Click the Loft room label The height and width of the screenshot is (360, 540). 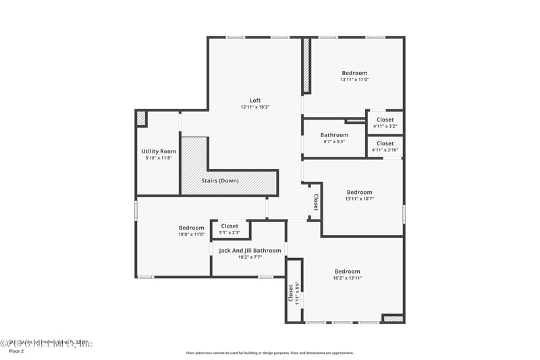click(255, 101)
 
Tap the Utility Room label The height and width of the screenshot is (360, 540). click(159, 151)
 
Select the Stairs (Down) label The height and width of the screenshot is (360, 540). click(220, 180)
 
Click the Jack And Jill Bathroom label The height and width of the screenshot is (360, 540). click(250, 251)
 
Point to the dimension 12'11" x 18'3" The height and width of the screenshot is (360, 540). click(255, 107)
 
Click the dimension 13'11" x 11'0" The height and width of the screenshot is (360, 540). click(354, 80)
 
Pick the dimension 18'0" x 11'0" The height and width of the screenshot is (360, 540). click(191, 234)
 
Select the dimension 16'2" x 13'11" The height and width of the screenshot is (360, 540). click(347, 278)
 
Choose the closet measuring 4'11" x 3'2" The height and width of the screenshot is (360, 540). click(385, 122)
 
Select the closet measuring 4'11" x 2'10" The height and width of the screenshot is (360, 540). click(385, 147)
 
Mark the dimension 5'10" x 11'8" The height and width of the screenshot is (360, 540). click(159, 158)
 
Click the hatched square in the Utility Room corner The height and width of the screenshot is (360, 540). click(141, 118)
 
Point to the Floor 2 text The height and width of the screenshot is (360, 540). click(17, 351)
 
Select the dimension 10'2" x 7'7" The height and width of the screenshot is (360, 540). click(250, 257)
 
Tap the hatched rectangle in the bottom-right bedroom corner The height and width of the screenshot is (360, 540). click(393, 318)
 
